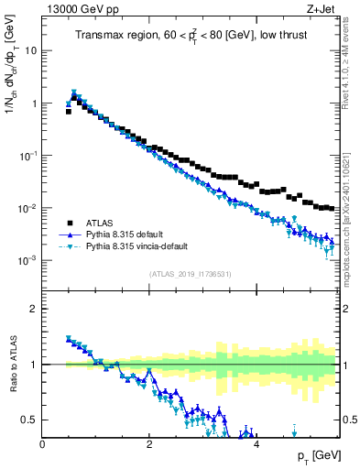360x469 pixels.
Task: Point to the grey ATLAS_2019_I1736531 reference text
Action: tap(190, 274)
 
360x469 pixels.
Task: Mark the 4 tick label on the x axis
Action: tap(256, 443)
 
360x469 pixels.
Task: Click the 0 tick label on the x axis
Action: tap(43, 443)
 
